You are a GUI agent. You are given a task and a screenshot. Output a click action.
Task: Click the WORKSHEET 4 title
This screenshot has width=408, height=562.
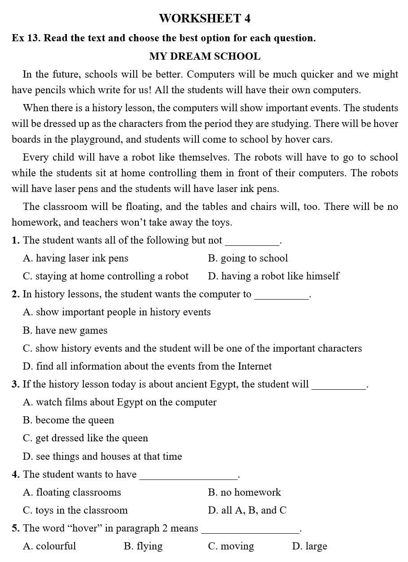[204, 18]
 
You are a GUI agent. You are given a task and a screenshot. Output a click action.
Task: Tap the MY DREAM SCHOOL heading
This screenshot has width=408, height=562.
[204, 57]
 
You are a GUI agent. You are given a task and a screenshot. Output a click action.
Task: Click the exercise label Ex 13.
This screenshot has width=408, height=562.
[26, 38]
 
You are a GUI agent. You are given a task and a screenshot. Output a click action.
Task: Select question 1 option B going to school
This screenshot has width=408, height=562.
[248, 258]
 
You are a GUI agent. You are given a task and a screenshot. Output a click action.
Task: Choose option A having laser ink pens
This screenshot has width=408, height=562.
[75, 258]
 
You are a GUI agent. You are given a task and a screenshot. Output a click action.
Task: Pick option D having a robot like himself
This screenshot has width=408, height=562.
[273, 276]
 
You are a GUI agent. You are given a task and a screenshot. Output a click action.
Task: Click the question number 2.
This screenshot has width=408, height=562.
[16, 295]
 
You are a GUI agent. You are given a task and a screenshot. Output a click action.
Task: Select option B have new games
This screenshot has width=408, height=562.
[65, 331]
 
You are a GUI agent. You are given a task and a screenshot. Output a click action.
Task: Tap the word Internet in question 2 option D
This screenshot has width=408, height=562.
[254, 366]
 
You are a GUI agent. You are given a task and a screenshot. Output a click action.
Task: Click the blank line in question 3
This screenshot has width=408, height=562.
[338, 388]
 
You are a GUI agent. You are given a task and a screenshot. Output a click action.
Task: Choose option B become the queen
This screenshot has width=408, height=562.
[68, 420]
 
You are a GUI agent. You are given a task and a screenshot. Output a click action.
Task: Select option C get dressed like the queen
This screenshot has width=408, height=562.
[85, 438]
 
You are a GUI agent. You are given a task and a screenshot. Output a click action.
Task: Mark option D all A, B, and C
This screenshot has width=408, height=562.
[247, 510]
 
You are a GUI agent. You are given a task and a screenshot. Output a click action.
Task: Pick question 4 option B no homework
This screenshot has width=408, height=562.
[244, 492]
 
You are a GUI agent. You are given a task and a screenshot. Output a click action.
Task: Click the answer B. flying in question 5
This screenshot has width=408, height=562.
[143, 546]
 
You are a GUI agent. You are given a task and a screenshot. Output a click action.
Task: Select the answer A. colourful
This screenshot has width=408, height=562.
[49, 546]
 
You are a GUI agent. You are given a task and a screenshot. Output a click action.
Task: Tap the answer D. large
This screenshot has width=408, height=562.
[309, 546]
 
